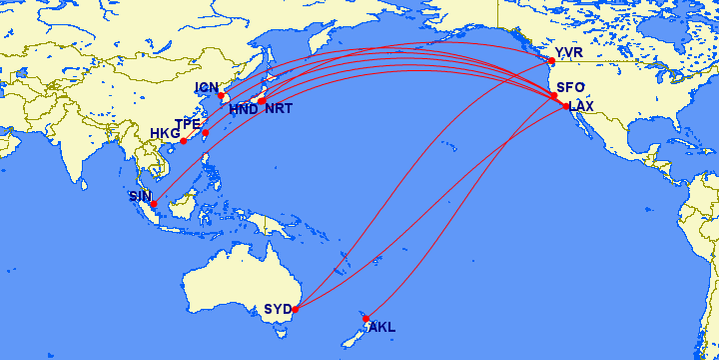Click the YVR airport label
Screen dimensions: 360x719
click(x=567, y=52)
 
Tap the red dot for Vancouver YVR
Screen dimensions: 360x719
click(x=551, y=61)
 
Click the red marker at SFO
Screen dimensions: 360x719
click(x=553, y=96)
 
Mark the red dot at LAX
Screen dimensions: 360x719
click(x=566, y=106)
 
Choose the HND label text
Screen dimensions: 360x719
click(x=243, y=109)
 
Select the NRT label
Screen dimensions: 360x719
click(x=279, y=109)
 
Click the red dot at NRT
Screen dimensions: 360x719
click(x=262, y=100)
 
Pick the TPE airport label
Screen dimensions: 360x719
click(x=188, y=124)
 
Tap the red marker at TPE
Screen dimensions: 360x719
click(x=205, y=133)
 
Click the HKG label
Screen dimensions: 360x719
click(x=164, y=133)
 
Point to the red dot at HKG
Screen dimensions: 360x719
click(x=183, y=141)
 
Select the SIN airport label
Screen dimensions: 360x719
click(x=141, y=196)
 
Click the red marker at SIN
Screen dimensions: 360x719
click(x=154, y=204)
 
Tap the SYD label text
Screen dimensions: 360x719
click(x=277, y=309)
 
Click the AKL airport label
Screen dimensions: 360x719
click(x=382, y=327)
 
